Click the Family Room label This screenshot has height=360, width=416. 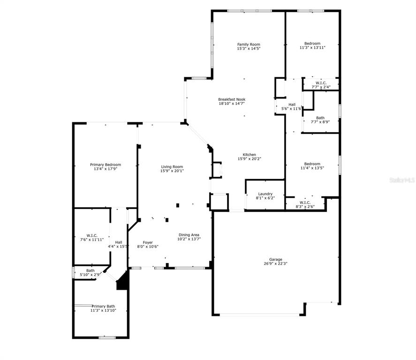pyautogui.click(x=249, y=45)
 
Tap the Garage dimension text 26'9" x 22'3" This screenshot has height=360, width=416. pyautogui.click(x=275, y=263)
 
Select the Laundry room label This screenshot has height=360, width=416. pyautogui.click(x=265, y=194)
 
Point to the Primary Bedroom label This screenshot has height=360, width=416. pyautogui.click(x=106, y=165)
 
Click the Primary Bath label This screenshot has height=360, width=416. pyautogui.click(x=103, y=306)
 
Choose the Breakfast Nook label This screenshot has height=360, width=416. pyautogui.click(x=232, y=99)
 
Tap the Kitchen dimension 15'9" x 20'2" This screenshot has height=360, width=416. pyautogui.click(x=250, y=159)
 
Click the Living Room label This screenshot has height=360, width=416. pyautogui.click(x=172, y=167)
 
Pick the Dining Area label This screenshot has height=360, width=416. pyautogui.click(x=189, y=235)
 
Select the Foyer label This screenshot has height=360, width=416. pyautogui.click(x=148, y=242)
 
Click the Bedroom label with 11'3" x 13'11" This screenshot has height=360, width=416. pyautogui.click(x=312, y=44)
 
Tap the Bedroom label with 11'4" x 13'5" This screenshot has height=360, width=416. pyautogui.click(x=312, y=164)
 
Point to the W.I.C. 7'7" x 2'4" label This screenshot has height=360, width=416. pyautogui.click(x=321, y=85)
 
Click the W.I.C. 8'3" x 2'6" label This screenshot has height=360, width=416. pyautogui.click(x=305, y=204)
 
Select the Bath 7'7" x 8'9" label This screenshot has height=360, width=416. pyautogui.click(x=320, y=120)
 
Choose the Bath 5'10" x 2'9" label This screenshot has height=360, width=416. pyautogui.click(x=91, y=272)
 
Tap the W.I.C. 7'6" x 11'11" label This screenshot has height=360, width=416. pyautogui.click(x=92, y=238)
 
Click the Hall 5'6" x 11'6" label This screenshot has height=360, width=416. pyautogui.click(x=292, y=106)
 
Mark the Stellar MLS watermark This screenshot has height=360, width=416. pyautogui.click(x=402, y=180)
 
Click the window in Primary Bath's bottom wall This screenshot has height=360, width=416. pyautogui.click(x=107, y=337)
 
